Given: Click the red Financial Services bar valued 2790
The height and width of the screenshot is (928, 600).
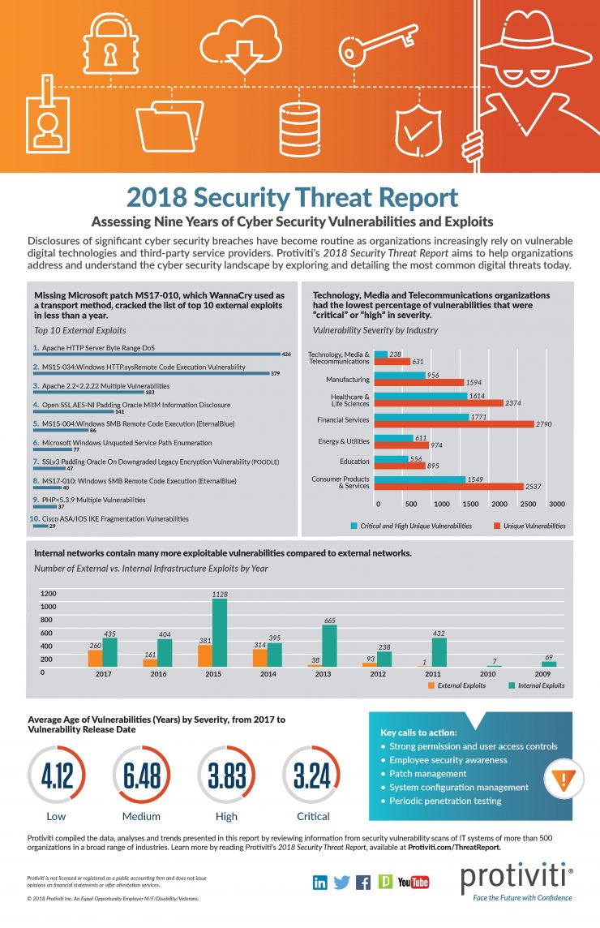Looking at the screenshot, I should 456,424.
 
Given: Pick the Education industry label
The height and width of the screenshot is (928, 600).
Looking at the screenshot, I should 354,462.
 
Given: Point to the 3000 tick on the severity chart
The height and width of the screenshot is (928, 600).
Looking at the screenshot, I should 557,504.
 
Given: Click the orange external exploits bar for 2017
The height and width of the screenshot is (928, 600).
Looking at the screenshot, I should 95,658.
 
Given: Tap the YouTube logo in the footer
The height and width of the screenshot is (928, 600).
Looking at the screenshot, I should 414,882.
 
